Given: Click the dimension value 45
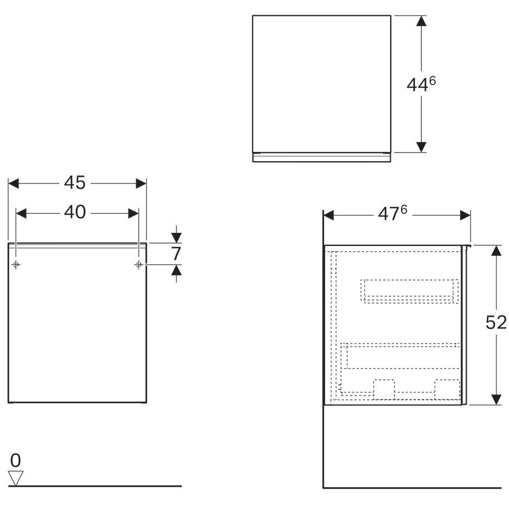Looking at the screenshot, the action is [x=75, y=183].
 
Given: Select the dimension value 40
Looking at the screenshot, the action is [x=75, y=212].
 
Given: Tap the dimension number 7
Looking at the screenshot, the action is [x=176, y=254].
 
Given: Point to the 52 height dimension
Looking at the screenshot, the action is [x=495, y=323].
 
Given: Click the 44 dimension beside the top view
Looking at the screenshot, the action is [x=417, y=85].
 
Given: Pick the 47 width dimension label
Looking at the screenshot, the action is [x=388, y=214].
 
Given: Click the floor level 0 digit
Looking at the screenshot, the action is [x=15, y=461].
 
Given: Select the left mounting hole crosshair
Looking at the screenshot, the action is [x=16, y=265].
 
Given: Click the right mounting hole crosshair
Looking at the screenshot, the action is [x=138, y=265].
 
